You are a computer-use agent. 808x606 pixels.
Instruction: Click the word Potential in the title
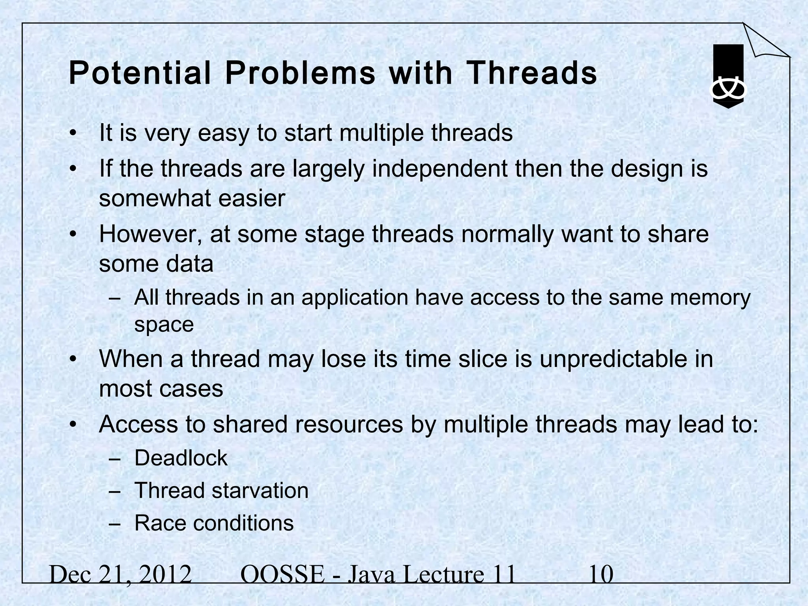pos(140,74)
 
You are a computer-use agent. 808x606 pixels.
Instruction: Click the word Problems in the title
pos(300,74)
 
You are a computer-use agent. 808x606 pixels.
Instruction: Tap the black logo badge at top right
pos(728,76)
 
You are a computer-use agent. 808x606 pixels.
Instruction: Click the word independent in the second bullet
pos(440,168)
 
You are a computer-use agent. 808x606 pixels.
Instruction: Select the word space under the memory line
pos(164,324)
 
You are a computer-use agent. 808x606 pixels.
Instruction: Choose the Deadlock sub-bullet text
pos(181,458)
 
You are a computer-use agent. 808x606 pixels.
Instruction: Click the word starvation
pos(260,490)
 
